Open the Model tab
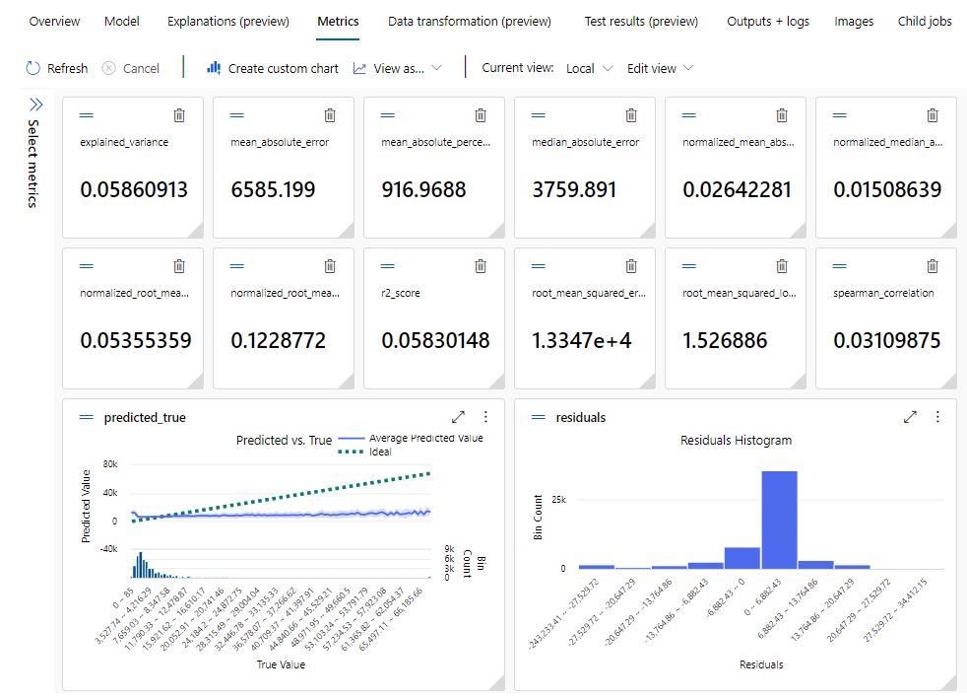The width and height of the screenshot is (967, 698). tap(122, 21)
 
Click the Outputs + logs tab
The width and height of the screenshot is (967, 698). tap(767, 21)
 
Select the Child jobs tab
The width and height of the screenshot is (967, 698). tap(925, 21)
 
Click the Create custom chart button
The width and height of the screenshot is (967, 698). tap(273, 68)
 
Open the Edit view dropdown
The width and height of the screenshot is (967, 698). tap(661, 68)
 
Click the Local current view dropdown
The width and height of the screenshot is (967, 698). tap(589, 68)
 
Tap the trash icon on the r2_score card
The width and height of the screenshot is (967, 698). tap(481, 266)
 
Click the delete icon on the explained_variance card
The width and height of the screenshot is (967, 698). tap(179, 115)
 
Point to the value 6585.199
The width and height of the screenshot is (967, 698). tap(273, 189)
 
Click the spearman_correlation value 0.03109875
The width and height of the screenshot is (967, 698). tap(886, 340)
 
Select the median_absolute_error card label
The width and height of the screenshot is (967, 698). tap(585, 142)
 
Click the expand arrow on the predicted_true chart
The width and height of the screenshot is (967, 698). tap(458, 417)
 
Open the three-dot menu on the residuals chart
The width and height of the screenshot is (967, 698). tap(937, 417)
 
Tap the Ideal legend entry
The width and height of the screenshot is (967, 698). tap(380, 452)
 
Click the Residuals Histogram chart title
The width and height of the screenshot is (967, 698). tap(736, 440)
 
